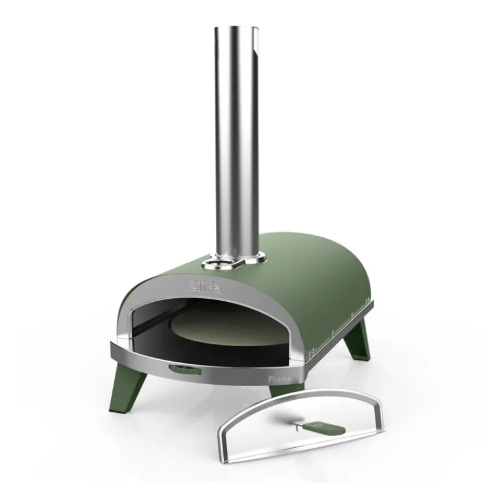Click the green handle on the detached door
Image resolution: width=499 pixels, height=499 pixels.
(x=330, y=430)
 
